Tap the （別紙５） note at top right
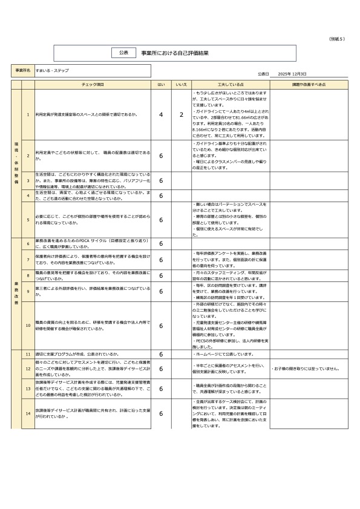pyautogui.click(x=336, y=39)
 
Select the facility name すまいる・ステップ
pyautogui.click(x=52, y=71)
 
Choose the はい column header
pyautogui.click(x=161, y=85)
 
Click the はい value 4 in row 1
pyautogui.click(x=161, y=115)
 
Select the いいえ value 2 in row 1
pyautogui.click(x=181, y=115)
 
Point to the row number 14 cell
pyautogui.click(x=28, y=414)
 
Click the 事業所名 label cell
pyautogui.click(x=23, y=71)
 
